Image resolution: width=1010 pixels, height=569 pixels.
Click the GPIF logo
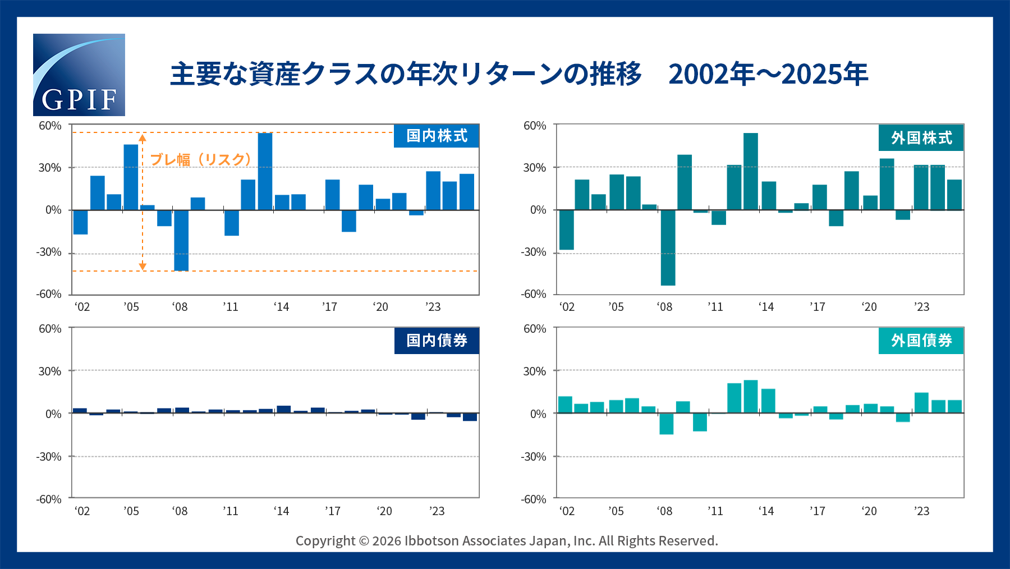pos(79,75)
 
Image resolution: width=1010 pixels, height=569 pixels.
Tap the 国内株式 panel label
pos(437,136)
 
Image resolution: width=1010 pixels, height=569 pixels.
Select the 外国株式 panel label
pos(921,138)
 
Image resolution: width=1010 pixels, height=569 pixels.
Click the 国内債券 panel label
pos(437,341)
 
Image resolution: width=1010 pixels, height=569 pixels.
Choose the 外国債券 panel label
pos(921,341)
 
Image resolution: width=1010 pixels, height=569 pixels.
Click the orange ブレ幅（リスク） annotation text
pos(201,160)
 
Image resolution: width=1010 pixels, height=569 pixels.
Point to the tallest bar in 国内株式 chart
pos(265,171)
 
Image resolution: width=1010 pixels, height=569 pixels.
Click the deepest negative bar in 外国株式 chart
pos(668,247)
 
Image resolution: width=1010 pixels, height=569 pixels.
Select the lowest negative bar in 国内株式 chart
pos(181,240)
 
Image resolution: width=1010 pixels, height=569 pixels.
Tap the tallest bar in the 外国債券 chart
pos(751,397)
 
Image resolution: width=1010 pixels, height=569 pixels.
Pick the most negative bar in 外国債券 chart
pos(667,424)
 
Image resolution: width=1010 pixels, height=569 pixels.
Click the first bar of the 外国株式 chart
pos(567,230)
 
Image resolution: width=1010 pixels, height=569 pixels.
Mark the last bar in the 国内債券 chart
pos(470,417)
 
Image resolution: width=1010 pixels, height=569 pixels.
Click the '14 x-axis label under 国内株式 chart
pos(281,307)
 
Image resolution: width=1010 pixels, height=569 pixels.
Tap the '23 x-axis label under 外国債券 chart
pos(921,511)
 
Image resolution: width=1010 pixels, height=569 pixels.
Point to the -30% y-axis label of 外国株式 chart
pos(533,253)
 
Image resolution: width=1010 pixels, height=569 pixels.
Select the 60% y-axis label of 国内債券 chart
pos(50,329)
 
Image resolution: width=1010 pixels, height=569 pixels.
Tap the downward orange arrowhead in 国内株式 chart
pos(143,266)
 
